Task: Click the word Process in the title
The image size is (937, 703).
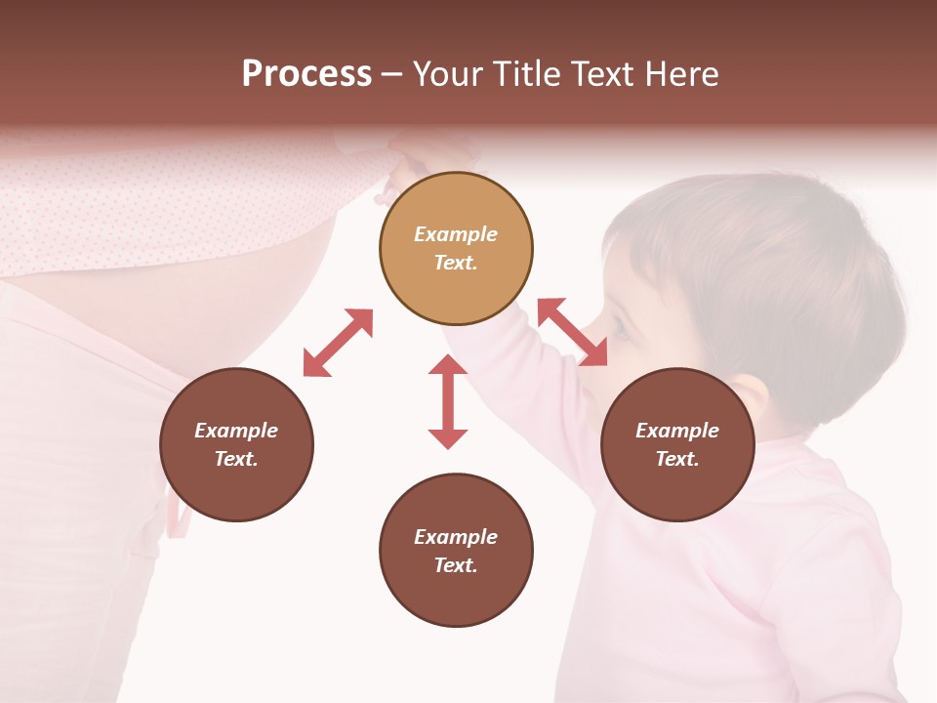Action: point(306,74)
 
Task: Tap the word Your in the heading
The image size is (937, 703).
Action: point(447,74)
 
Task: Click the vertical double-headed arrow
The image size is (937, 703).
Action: point(448,401)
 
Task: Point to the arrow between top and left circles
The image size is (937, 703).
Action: point(338,343)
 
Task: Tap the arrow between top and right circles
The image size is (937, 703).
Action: point(573,332)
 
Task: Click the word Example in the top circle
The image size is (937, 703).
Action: point(456,234)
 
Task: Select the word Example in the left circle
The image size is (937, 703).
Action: point(236,431)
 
